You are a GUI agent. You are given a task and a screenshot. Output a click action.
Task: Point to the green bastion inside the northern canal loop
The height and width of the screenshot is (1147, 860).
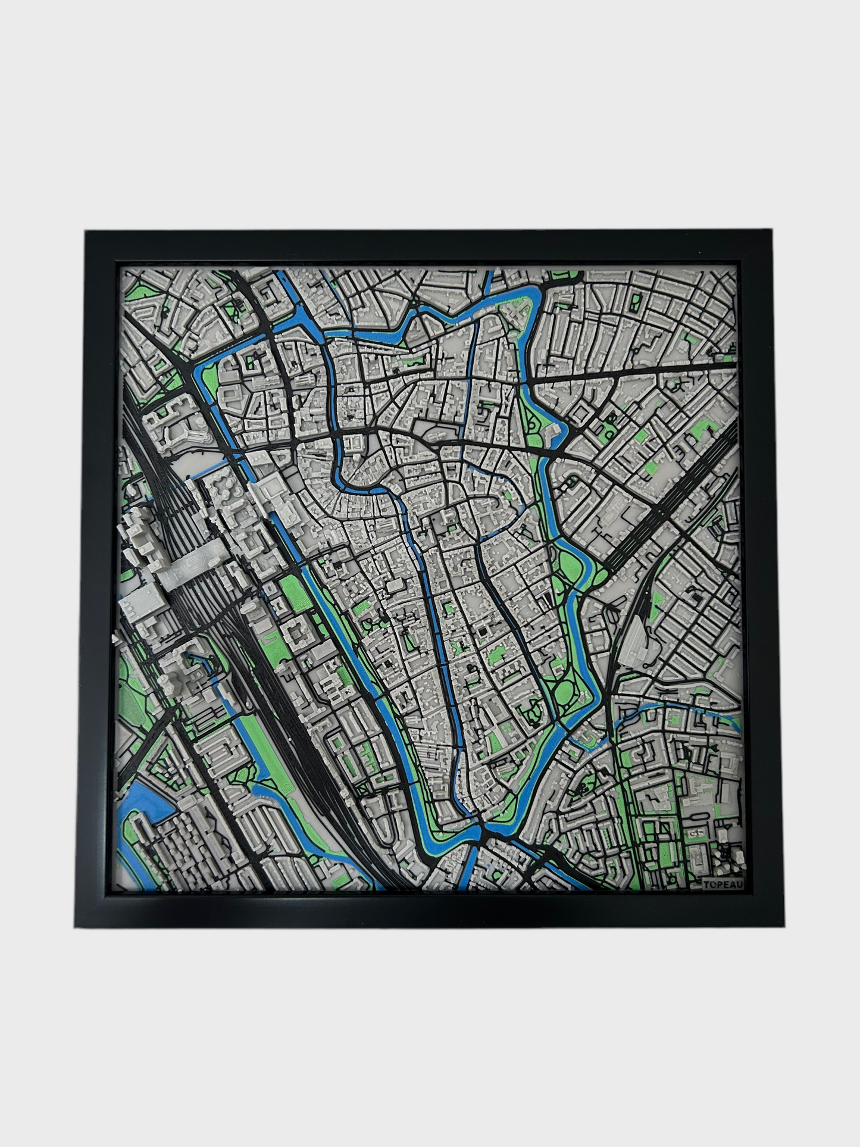[524, 310]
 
